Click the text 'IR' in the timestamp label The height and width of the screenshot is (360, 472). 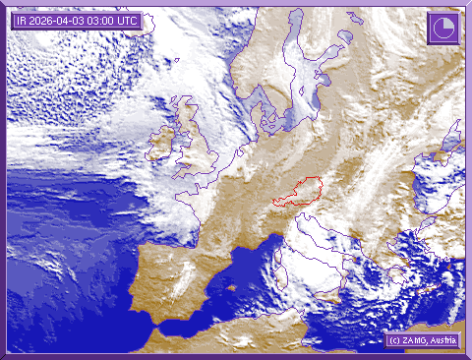tap(22, 20)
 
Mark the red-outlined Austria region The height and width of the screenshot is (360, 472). tap(300, 191)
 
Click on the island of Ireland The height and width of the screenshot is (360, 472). tap(162, 145)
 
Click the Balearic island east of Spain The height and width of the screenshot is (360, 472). tap(232, 289)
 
